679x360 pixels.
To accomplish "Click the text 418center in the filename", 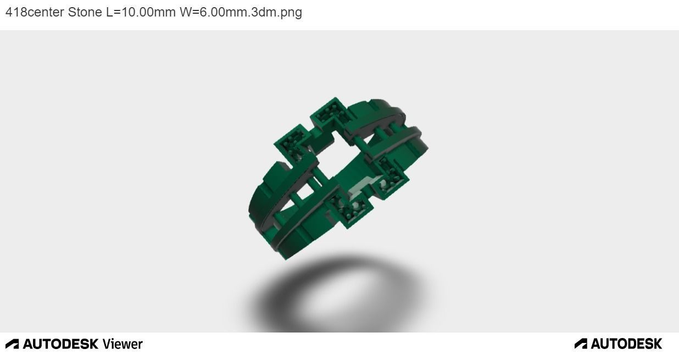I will click(x=35, y=12).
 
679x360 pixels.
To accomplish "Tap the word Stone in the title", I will click(x=85, y=12).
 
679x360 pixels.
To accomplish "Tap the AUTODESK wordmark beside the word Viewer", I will click(x=60, y=344).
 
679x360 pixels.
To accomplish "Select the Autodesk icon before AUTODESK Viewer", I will click(x=12, y=344).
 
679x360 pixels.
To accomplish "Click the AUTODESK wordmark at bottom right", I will click(x=626, y=344).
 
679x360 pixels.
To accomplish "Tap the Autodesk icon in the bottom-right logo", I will click(x=581, y=344).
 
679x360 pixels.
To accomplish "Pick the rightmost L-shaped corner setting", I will click(x=391, y=175).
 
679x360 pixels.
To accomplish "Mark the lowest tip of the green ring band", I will click(x=285, y=257).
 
